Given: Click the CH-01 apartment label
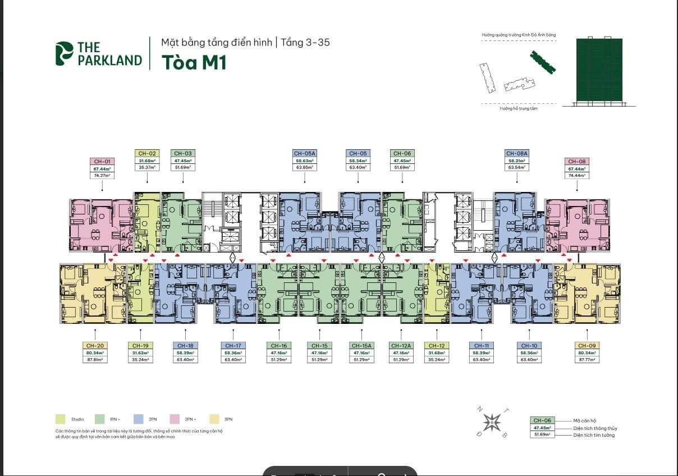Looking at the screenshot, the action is click(101, 162).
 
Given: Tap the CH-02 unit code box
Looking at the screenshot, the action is click(146, 153).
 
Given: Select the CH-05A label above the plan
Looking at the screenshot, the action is click(305, 153).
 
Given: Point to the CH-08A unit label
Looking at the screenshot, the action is click(517, 153).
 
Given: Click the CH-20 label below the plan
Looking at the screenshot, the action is click(94, 346).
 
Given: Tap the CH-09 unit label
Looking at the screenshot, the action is click(587, 346).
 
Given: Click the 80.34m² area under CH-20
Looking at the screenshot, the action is click(94, 353).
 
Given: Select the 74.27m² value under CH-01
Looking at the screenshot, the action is click(101, 176).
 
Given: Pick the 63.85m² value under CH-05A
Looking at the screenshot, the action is click(305, 167).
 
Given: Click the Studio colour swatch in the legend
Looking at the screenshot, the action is click(60, 419).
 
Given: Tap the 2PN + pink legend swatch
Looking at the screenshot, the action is click(174, 419).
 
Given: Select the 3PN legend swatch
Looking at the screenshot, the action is click(213, 419).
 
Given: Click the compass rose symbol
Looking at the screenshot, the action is click(492, 422).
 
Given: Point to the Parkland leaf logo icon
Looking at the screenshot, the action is click(65, 54).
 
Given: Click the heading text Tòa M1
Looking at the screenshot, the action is click(194, 62).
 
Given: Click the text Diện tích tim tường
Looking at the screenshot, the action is click(594, 435).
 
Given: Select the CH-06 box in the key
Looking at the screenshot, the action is click(542, 420).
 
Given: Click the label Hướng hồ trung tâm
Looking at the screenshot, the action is click(519, 108).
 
